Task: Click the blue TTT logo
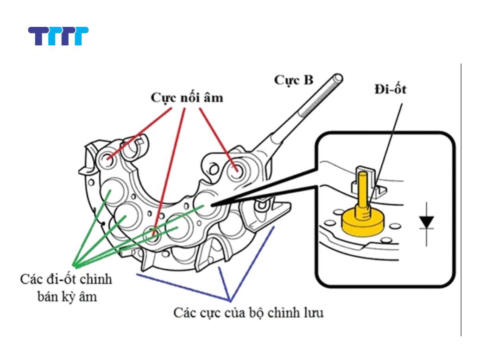[x=58, y=36]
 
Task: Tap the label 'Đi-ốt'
[x=390, y=89]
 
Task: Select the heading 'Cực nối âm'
[x=187, y=98]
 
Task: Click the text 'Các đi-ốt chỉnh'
[x=66, y=280]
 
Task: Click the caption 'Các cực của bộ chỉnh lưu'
[x=249, y=312]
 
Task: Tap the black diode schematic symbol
[x=426, y=222]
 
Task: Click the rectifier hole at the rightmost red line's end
[x=236, y=169]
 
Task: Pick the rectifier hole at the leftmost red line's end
[x=109, y=158]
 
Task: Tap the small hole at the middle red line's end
[x=152, y=234]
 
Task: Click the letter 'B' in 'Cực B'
[x=307, y=80]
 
